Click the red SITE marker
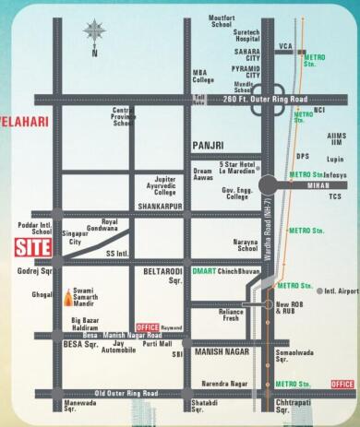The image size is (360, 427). (32, 247)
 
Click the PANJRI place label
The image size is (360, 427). (210, 146)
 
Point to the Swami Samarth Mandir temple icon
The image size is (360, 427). (67, 297)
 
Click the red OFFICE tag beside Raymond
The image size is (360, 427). (147, 327)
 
